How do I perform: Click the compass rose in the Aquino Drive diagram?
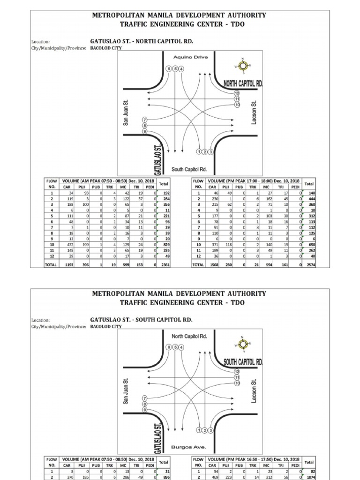[243, 66]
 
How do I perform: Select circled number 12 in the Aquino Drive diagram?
[237, 94]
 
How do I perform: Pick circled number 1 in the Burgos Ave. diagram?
[199, 430]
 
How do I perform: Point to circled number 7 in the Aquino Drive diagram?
[144, 120]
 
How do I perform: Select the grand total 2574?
[309, 265]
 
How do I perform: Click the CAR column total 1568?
[214, 265]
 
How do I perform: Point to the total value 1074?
[309, 478]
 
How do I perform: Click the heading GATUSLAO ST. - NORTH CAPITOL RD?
[141, 41]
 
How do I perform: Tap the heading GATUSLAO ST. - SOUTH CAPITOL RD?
[141, 320]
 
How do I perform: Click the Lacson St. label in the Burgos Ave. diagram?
[254, 390]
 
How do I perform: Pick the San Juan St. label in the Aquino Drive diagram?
[126, 112]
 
